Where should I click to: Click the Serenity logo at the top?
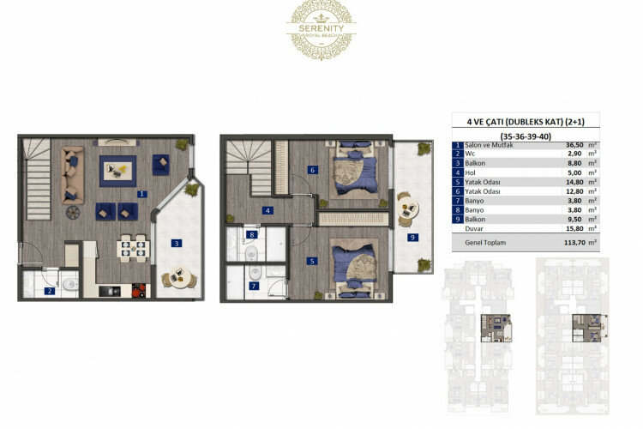(322, 30)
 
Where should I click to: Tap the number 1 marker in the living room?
(141, 195)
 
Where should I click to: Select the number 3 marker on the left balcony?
(177, 243)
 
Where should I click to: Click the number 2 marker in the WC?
(50, 292)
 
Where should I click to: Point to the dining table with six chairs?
(133, 248)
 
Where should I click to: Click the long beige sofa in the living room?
(72, 174)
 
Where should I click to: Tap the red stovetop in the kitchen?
(139, 291)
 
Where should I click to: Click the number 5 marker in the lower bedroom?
(312, 260)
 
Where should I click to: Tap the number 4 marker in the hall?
(267, 210)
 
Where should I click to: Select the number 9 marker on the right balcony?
(413, 237)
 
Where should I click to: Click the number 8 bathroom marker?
(251, 235)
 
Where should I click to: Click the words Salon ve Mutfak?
(492, 146)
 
